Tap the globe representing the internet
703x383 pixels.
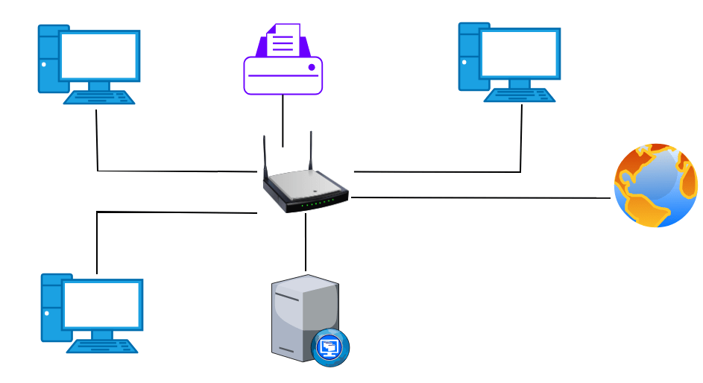pyautogui.click(x=655, y=186)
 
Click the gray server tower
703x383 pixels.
pyautogui.click(x=298, y=317)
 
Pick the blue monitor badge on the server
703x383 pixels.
pyautogui.click(x=330, y=348)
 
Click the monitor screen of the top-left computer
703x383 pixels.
pyautogui.click(x=98, y=57)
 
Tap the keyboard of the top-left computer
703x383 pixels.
pyautogui.click(x=99, y=97)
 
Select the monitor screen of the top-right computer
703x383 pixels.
pyautogui.click(x=519, y=54)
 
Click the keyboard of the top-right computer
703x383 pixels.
pyautogui.click(x=520, y=95)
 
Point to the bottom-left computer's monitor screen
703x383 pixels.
pyautogui.click(x=102, y=305)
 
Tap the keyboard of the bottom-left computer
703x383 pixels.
pyautogui.click(x=102, y=346)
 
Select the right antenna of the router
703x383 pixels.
pyautogui.click(x=311, y=153)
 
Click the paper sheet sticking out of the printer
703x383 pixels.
pyautogui.click(x=283, y=41)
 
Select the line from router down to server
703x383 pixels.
pyautogui.click(x=306, y=242)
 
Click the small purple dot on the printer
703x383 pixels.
pyautogui.click(x=312, y=67)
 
